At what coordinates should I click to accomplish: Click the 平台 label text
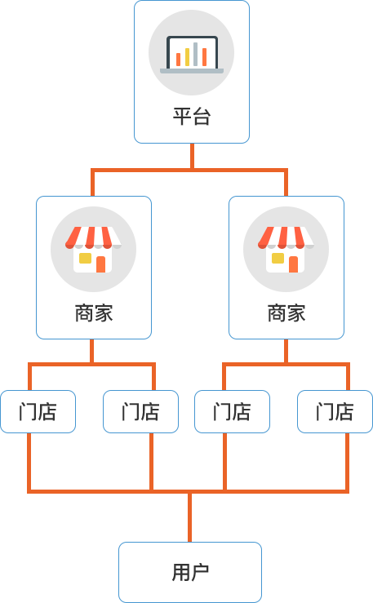(192, 117)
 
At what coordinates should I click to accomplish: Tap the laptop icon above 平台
(192, 54)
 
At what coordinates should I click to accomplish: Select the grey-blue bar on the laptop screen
(195, 54)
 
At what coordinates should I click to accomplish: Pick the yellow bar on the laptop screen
(187, 57)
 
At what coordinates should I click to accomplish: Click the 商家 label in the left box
(94, 313)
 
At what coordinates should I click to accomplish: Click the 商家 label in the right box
(286, 313)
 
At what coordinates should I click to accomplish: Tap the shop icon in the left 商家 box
(93, 250)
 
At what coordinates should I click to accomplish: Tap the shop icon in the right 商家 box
(286, 250)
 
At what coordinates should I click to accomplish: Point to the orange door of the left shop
(100, 264)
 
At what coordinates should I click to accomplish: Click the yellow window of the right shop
(278, 258)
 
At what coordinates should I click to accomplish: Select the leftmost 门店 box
(38, 411)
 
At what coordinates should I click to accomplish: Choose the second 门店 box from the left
(140, 411)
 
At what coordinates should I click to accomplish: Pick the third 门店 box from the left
(233, 411)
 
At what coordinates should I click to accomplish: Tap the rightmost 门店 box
(335, 411)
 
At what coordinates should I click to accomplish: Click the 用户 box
(190, 572)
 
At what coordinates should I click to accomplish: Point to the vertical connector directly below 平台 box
(193, 156)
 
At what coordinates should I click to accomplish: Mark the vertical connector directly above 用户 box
(189, 517)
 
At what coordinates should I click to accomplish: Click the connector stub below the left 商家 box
(92, 352)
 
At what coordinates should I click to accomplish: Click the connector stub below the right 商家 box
(286, 352)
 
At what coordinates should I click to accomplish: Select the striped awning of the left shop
(93, 237)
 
